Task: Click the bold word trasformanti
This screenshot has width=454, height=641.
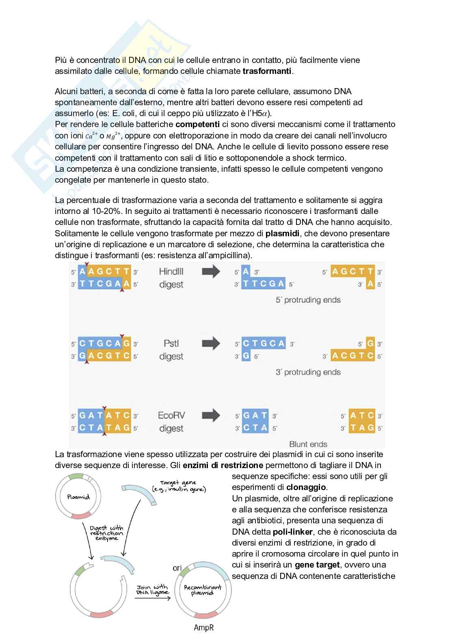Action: pyautogui.click(x=267, y=71)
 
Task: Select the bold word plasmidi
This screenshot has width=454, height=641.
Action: pyautogui.click(x=283, y=233)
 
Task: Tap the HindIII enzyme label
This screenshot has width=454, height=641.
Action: pyautogui.click(x=171, y=272)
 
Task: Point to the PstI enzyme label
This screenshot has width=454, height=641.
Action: pyautogui.click(x=171, y=343)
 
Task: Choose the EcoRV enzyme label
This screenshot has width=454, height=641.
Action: pyautogui.click(x=171, y=416)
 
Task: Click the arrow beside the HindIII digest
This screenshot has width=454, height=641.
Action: pyautogui.click(x=211, y=272)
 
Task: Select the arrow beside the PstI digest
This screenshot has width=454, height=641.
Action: pyautogui.click(x=211, y=344)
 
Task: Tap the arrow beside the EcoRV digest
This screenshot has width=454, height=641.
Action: pyautogui.click(x=211, y=416)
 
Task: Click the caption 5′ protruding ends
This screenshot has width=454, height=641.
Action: pyautogui.click(x=308, y=300)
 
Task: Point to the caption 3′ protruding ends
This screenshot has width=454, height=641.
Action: pyautogui.click(x=308, y=372)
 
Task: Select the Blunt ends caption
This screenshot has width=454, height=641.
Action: pyautogui.click(x=308, y=444)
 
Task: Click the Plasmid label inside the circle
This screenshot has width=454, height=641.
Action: pyautogui.click(x=78, y=497)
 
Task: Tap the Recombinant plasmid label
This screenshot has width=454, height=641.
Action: pyautogui.click(x=203, y=590)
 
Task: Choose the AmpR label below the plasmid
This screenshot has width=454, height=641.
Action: pyautogui.click(x=203, y=628)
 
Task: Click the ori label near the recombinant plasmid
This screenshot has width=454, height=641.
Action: pyautogui.click(x=177, y=568)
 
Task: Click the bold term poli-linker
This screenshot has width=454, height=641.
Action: pyautogui.click(x=292, y=532)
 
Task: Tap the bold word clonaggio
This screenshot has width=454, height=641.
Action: pyautogui.click(x=306, y=487)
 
